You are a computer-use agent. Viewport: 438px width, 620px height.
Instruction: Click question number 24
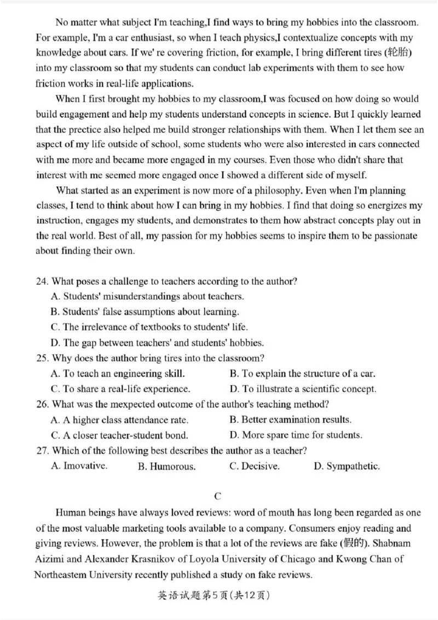pyautogui.click(x=42, y=282)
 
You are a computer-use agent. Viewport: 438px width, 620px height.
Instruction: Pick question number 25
pyautogui.click(x=42, y=358)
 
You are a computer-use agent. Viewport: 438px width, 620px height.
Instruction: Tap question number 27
pyautogui.click(x=42, y=451)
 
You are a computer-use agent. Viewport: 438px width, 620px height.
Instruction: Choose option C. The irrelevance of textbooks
pyautogui.click(x=149, y=327)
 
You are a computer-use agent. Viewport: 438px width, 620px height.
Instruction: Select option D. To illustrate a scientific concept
pyautogui.click(x=303, y=389)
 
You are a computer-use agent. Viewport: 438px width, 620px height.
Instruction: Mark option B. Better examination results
pyautogui.click(x=290, y=420)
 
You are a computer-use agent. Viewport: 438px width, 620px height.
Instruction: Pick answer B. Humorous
pyautogui.click(x=166, y=467)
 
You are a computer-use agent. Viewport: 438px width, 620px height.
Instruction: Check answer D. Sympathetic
pyautogui.click(x=347, y=467)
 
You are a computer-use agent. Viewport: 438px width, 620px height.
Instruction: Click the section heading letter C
pyautogui.click(x=218, y=497)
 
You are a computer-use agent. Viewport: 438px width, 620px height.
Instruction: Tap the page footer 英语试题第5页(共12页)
pyautogui.click(x=218, y=594)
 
